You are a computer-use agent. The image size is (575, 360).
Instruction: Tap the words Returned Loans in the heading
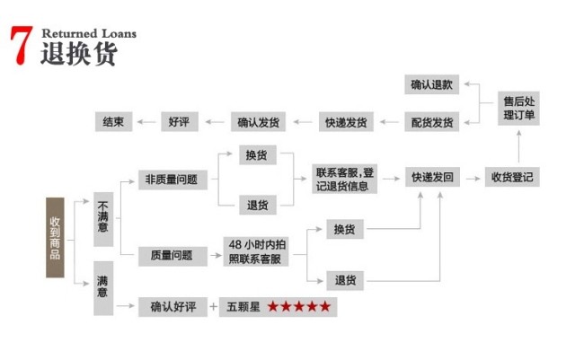click(x=88, y=33)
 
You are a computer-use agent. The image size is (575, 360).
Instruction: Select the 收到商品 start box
click(x=56, y=236)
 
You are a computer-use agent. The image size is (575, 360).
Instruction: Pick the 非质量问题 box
click(x=171, y=179)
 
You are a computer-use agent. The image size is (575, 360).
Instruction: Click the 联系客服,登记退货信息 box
click(x=345, y=179)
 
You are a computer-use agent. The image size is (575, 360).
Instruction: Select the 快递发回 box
click(x=432, y=177)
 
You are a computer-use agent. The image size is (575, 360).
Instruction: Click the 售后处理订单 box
click(x=522, y=110)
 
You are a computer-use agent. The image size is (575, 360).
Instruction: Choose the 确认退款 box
click(x=432, y=85)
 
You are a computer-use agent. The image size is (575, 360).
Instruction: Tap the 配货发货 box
click(x=432, y=121)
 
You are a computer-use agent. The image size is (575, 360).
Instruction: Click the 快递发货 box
click(x=346, y=121)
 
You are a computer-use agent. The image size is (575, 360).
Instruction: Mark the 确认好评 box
click(x=172, y=306)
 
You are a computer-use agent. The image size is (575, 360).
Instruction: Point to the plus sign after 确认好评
click(x=213, y=306)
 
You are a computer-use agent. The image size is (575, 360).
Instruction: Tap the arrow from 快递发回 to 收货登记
click(x=473, y=177)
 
